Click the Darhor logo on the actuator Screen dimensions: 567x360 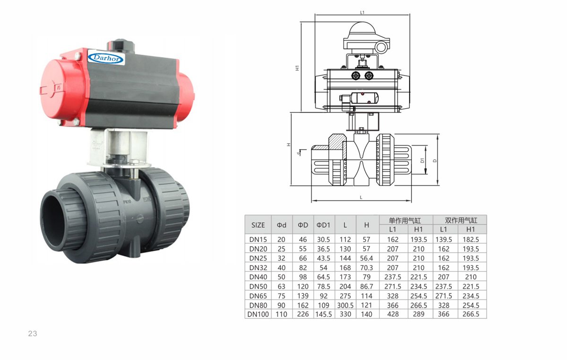point(106,58)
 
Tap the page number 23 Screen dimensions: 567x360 point(33,334)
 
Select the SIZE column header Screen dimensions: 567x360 point(258,225)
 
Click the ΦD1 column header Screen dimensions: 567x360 point(324,225)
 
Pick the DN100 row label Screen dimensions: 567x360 point(258,314)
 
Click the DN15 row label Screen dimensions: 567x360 point(258,239)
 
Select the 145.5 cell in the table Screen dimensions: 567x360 point(324,314)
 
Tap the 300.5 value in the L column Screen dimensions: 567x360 point(345,305)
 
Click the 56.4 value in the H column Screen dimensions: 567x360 point(367,258)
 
